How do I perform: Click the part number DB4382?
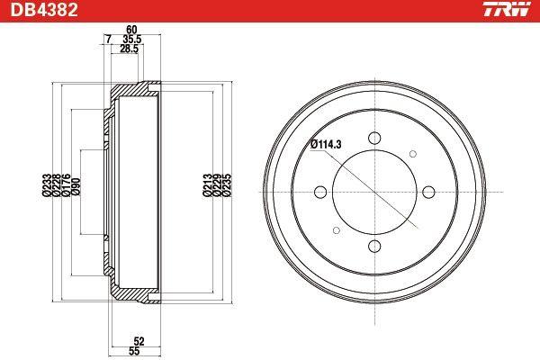coord(44,10)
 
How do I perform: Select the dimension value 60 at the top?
coord(131,30)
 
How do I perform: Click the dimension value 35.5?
coord(132,40)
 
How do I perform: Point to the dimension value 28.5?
coord(129,49)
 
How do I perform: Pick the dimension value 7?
coord(109,40)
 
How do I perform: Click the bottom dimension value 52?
coord(139,341)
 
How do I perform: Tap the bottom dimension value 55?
coord(134,351)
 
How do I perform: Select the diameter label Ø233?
coord(47,185)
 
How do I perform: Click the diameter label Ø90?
coord(76,187)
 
